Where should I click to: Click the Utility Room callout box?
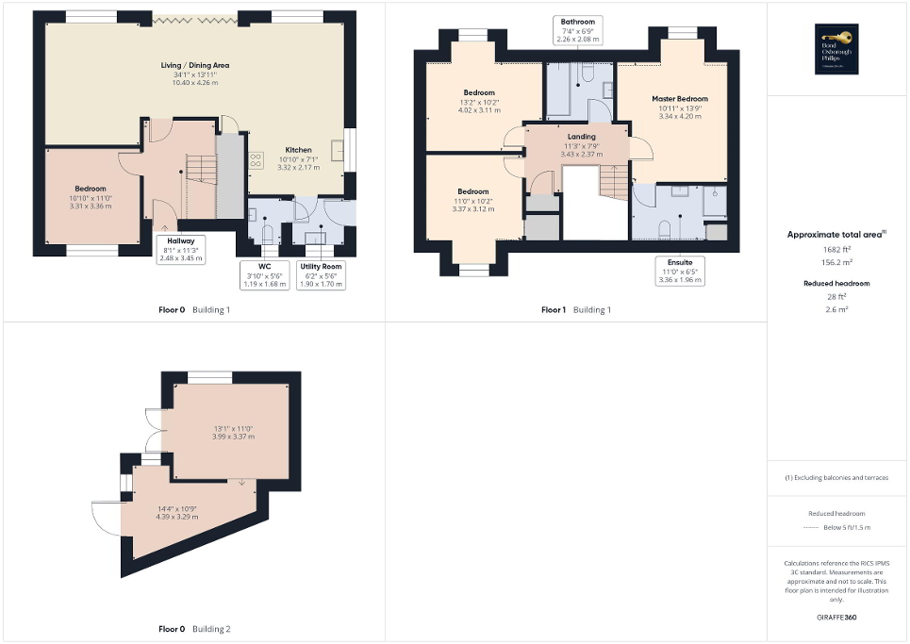321,273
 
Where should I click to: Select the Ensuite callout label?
675,271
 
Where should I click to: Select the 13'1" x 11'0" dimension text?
233,432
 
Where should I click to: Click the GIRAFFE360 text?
837,618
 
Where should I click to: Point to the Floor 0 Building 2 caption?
195,628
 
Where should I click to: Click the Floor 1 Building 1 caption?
575,309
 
